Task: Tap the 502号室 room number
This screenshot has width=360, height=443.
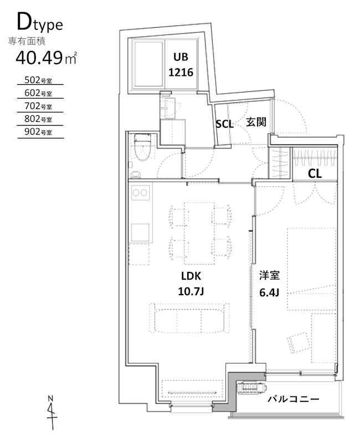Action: pyautogui.click(x=39, y=79)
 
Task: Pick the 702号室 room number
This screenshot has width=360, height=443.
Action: pyautogui.click(x=39, y=106)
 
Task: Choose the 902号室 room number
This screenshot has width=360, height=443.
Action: pyautogui.click(x=39, y=132)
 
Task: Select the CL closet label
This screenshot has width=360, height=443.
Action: pyautogui.click(x=315, y=173)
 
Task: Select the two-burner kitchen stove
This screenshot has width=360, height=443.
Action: pyautogui.click(x=141, y=193)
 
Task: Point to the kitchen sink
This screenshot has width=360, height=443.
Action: pyautogui.click(x=140, y=232)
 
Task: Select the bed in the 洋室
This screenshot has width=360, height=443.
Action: pyautogui.click(x=311, y=269)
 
